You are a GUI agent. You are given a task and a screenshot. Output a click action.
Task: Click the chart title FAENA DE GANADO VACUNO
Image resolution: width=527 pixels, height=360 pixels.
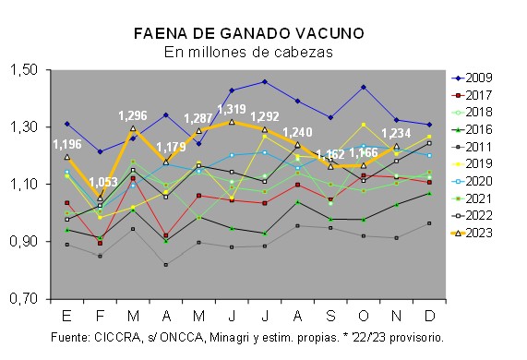pyautogui.click(x=249, y=33)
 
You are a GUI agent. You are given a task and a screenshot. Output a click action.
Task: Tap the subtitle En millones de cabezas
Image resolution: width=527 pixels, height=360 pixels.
pyautogui.click(x=248, y=52)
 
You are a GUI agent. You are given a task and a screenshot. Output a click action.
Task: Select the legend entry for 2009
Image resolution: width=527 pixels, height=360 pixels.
pyautogui.click(x=472, y=78)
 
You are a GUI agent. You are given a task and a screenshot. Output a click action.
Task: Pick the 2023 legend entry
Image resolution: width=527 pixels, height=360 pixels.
pyautogui.click(x=472, y=233)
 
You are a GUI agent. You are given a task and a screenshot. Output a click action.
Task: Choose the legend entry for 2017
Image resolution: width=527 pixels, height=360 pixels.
pyautogui.click(x=472, y=95)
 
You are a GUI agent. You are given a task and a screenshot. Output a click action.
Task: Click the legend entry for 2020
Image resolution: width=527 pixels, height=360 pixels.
pyautogui.click(x=472, y=181)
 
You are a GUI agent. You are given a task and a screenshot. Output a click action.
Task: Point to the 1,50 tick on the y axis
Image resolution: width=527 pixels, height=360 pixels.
pyautogui.click(x=23, y=69)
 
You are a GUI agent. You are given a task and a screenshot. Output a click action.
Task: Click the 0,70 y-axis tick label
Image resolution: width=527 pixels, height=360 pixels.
pyautogui.click(x=23, y=298)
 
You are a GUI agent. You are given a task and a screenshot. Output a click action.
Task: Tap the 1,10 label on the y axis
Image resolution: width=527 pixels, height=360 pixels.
pyautogui.click(x=23, y=184)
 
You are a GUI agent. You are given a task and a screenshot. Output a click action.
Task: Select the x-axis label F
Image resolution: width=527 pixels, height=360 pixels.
pyautogui.click(x=100, y=316)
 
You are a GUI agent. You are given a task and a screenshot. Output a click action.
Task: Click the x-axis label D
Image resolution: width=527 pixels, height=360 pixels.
pyautogui.click(x=429, y=316)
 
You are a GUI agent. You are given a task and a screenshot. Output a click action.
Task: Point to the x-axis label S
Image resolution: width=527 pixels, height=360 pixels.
pyautogui.click(x=330, y=316)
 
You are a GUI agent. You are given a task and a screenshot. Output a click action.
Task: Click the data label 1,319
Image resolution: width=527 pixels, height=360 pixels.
pyautogui.click(x=232, y=109)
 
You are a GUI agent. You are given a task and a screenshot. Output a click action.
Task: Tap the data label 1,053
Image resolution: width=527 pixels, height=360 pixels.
pyautogui.click(x=103, y=182)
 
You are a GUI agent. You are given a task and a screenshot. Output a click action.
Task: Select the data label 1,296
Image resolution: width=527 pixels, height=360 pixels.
pyautogui.click(x=133, y=116)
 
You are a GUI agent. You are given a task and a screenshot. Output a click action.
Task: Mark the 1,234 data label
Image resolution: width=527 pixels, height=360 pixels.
pyautogui.click(x=396, y=134)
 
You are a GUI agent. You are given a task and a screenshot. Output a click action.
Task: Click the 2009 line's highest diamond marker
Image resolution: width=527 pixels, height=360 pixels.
pyautogui.click(x=265, y=81)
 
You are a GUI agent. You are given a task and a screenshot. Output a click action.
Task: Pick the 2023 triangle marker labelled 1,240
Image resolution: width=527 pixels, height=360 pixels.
pyautogui.click(x=297, y=145)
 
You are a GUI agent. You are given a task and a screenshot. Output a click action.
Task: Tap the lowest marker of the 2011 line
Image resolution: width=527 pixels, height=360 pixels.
pyautogui.click(x=166, y=265)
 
